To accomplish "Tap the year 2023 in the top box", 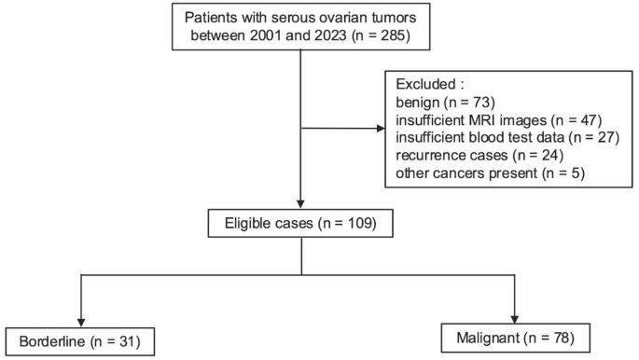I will point(327,38).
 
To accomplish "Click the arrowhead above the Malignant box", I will point(517,314).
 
